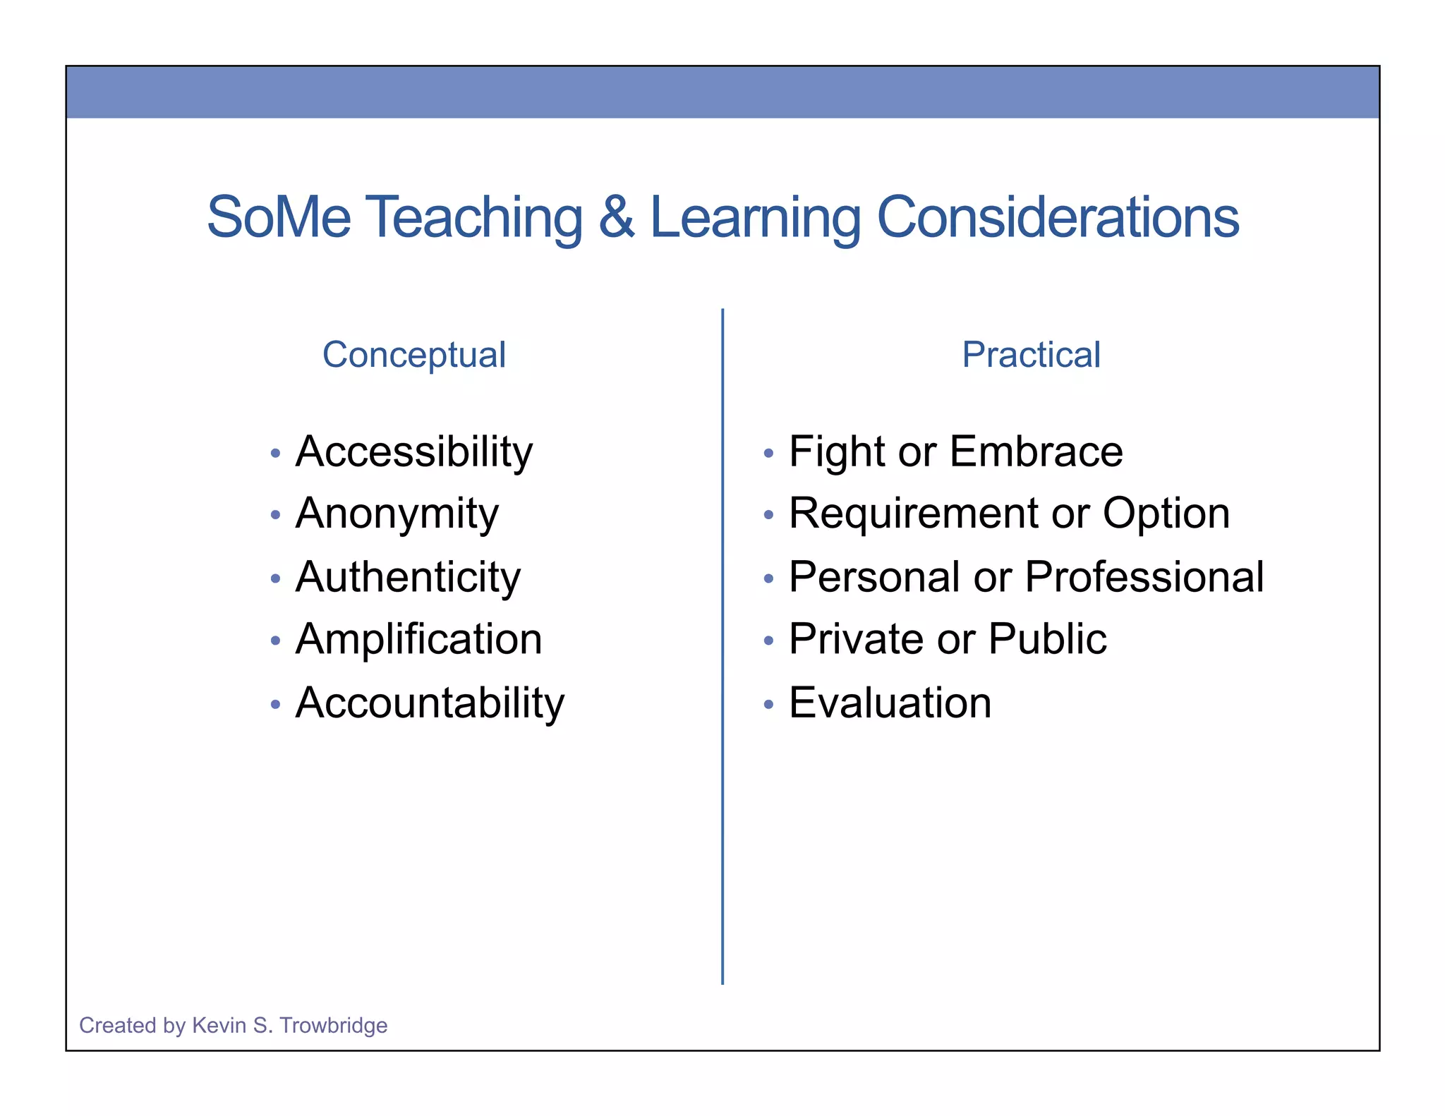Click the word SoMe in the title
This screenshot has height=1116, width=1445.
point(279,217)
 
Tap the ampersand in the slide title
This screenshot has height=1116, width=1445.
point(616,217)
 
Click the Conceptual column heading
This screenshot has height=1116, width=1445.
point(414,354)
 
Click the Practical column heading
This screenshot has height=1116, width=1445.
point(1031,354)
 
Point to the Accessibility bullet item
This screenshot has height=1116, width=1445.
point(414,451)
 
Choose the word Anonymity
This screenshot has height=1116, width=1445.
point(397,514)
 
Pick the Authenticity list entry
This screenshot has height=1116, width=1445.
point(408,577)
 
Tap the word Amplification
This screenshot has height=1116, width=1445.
point(418,639)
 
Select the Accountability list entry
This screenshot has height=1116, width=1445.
point(430,703)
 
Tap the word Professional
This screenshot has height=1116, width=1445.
point(1144,577)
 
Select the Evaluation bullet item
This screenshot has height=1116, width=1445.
point(890,703)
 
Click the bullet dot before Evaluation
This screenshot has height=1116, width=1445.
point(768,704)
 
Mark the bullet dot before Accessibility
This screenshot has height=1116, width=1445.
point(275,453)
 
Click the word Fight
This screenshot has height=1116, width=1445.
point(835,451)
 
